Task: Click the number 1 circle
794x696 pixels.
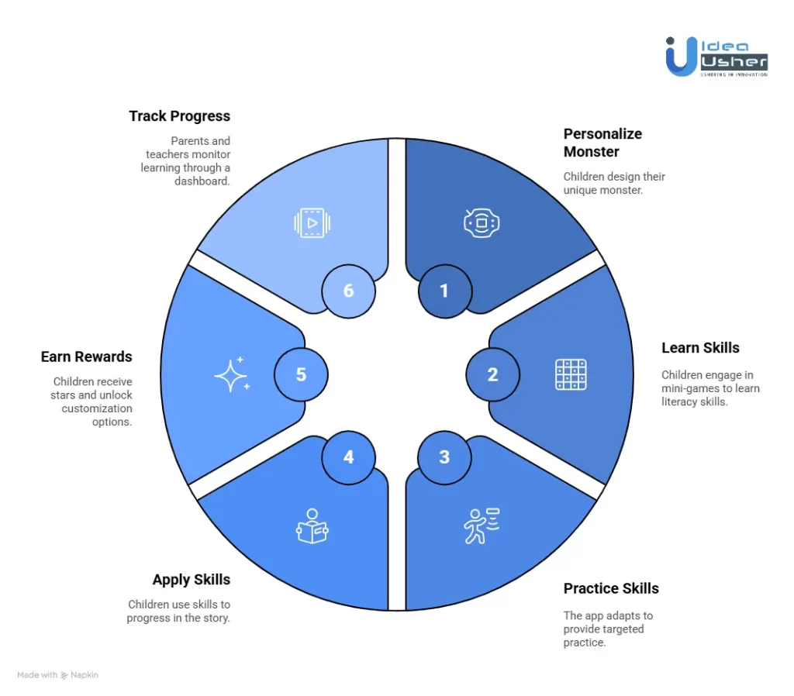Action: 444,291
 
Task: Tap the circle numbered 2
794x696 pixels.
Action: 492,375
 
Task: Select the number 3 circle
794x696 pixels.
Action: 444,457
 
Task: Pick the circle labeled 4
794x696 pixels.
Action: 348,457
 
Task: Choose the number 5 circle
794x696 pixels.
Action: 301,375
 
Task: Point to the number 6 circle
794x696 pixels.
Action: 348,291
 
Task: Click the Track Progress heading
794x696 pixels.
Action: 180,116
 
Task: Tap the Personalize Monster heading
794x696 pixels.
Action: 602,143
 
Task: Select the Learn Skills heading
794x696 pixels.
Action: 700,348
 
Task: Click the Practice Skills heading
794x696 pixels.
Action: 611,588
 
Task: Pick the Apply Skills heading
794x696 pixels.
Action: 192,580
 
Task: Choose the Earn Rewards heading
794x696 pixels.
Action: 87,357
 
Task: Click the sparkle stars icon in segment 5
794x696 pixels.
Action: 232,375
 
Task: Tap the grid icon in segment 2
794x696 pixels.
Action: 571,375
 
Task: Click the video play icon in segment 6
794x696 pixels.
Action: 312,223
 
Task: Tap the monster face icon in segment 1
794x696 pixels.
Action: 482,223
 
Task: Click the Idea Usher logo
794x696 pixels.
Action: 716,56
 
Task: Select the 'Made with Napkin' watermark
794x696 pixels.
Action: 58,675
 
